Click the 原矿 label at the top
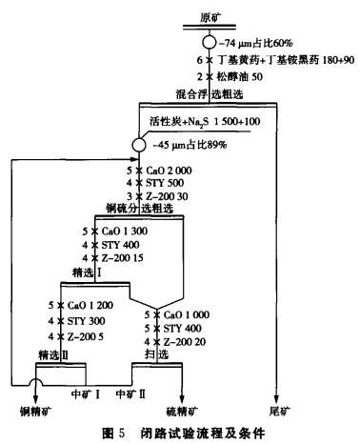click(x=210, y=18)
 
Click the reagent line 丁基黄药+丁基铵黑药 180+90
click(x=273, y=61)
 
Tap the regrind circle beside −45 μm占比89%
click(x=141, y=144)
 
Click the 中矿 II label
click(x=131, y=392)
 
